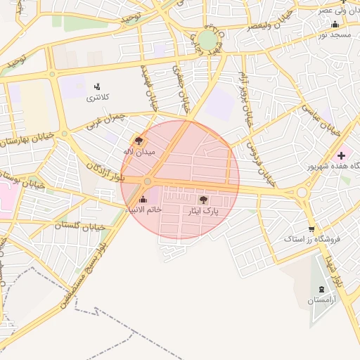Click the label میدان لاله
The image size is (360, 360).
[x=139, y=152]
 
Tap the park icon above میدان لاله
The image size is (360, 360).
[x=139, y=140]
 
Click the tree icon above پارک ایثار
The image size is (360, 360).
[x=204, y=200]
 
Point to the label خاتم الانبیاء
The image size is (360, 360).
[x=143, y=210]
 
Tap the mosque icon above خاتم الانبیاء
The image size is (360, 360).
[x=143, y=199]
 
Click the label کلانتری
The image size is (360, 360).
[x=98, y=98]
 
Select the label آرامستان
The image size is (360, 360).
[x=321, y=301]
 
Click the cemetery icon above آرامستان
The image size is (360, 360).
[x=321, y=289]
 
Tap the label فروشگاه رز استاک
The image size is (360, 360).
[x=312, y=239]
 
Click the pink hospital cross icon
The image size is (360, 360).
[x=342, y=155]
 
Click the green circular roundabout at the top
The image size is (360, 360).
[x=207, y=39]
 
